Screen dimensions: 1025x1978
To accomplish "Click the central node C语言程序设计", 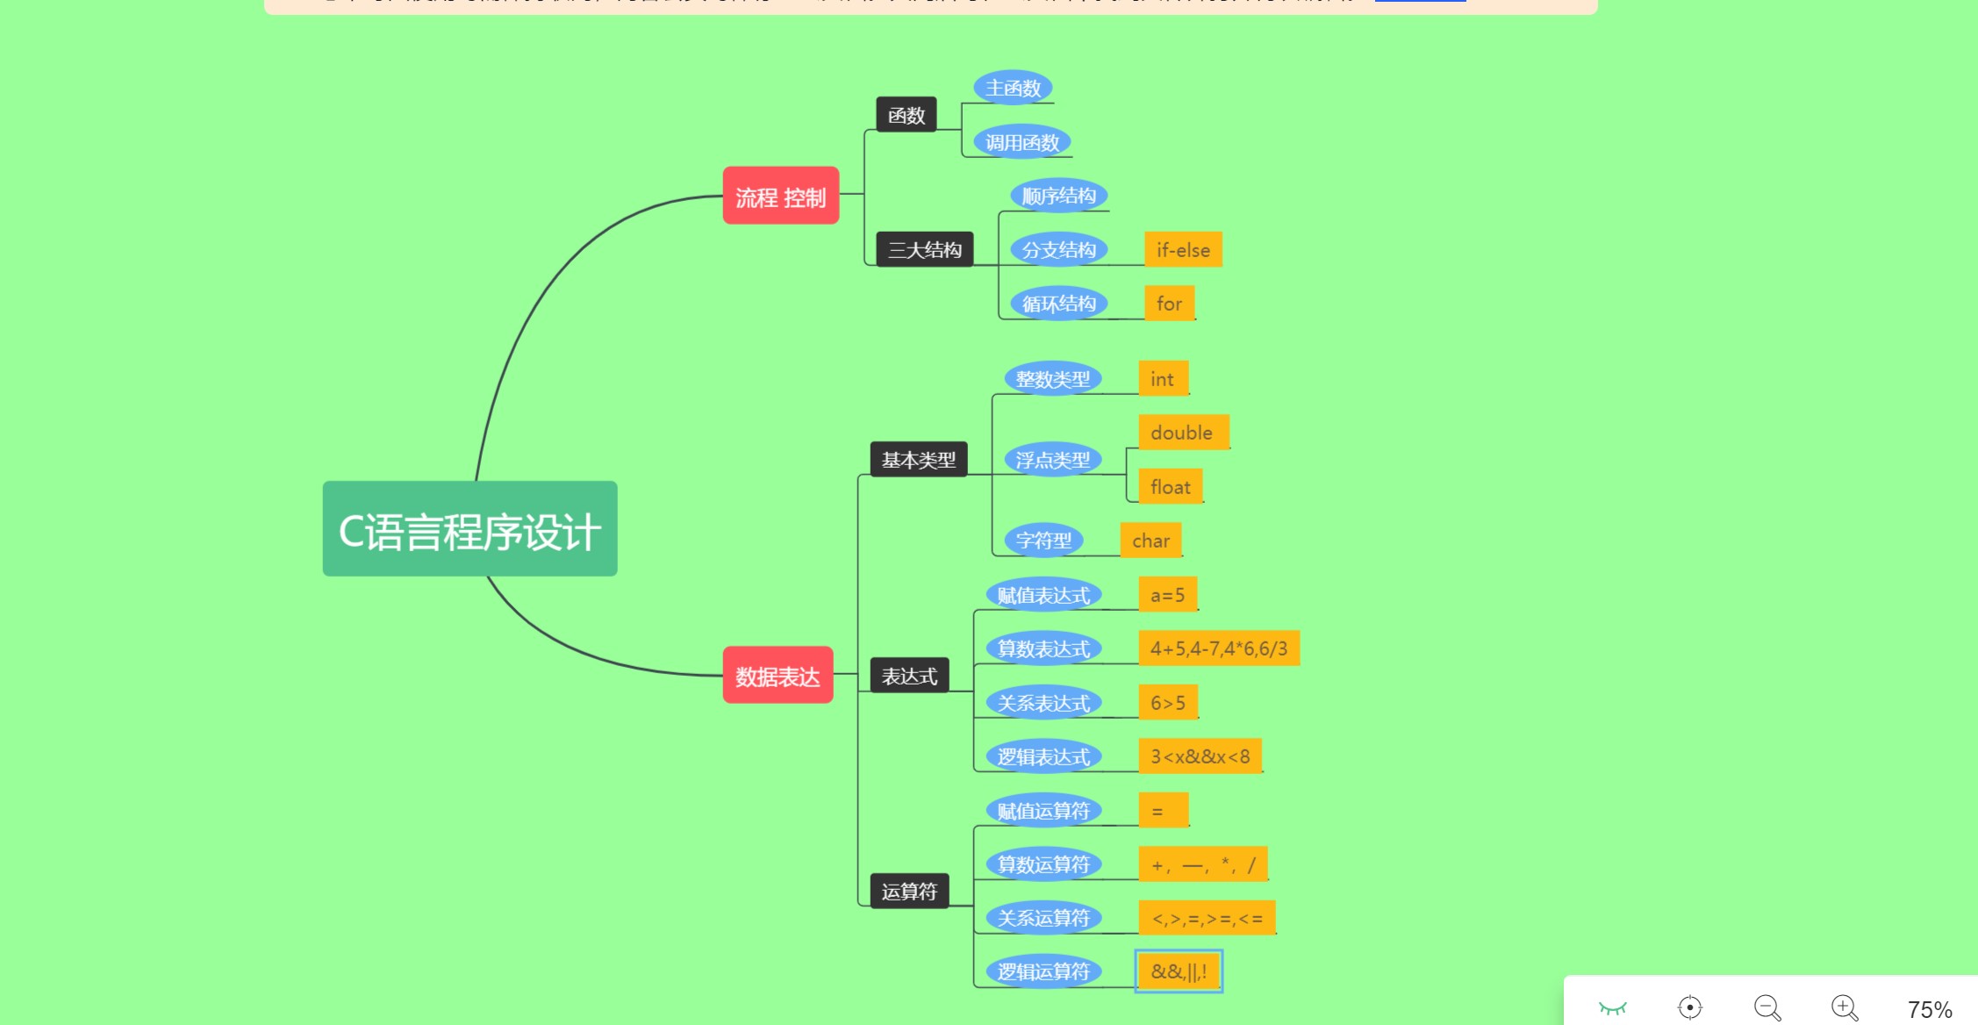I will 469,529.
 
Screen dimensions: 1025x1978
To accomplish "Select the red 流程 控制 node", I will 780,197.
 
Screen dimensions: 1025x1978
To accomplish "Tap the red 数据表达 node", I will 778,676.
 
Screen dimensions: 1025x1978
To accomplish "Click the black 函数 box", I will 906,115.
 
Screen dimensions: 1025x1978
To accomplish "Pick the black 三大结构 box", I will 924,250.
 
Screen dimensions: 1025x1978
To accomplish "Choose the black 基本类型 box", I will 918,460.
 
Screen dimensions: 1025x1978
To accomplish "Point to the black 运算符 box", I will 909,892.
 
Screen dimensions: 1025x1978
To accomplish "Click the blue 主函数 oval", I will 1013,88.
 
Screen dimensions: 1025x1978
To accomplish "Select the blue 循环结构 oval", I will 1058,304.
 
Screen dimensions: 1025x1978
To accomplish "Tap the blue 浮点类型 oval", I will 1052,460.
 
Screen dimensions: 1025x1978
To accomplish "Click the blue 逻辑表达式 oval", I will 1043,756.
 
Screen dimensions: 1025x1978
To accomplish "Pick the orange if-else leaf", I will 1183,250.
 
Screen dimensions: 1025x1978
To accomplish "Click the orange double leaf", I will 1182,433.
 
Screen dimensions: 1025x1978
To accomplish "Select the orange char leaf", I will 1150,541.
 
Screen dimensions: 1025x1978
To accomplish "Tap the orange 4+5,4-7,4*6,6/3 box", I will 1218,649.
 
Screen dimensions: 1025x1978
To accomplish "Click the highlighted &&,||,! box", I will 1179,971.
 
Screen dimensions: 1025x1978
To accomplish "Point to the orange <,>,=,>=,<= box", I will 1207,918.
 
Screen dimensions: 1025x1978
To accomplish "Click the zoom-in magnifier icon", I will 1845,1007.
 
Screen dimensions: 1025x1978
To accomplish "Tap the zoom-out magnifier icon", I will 1767,1007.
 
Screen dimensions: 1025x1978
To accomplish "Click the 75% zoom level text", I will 1929,1009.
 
